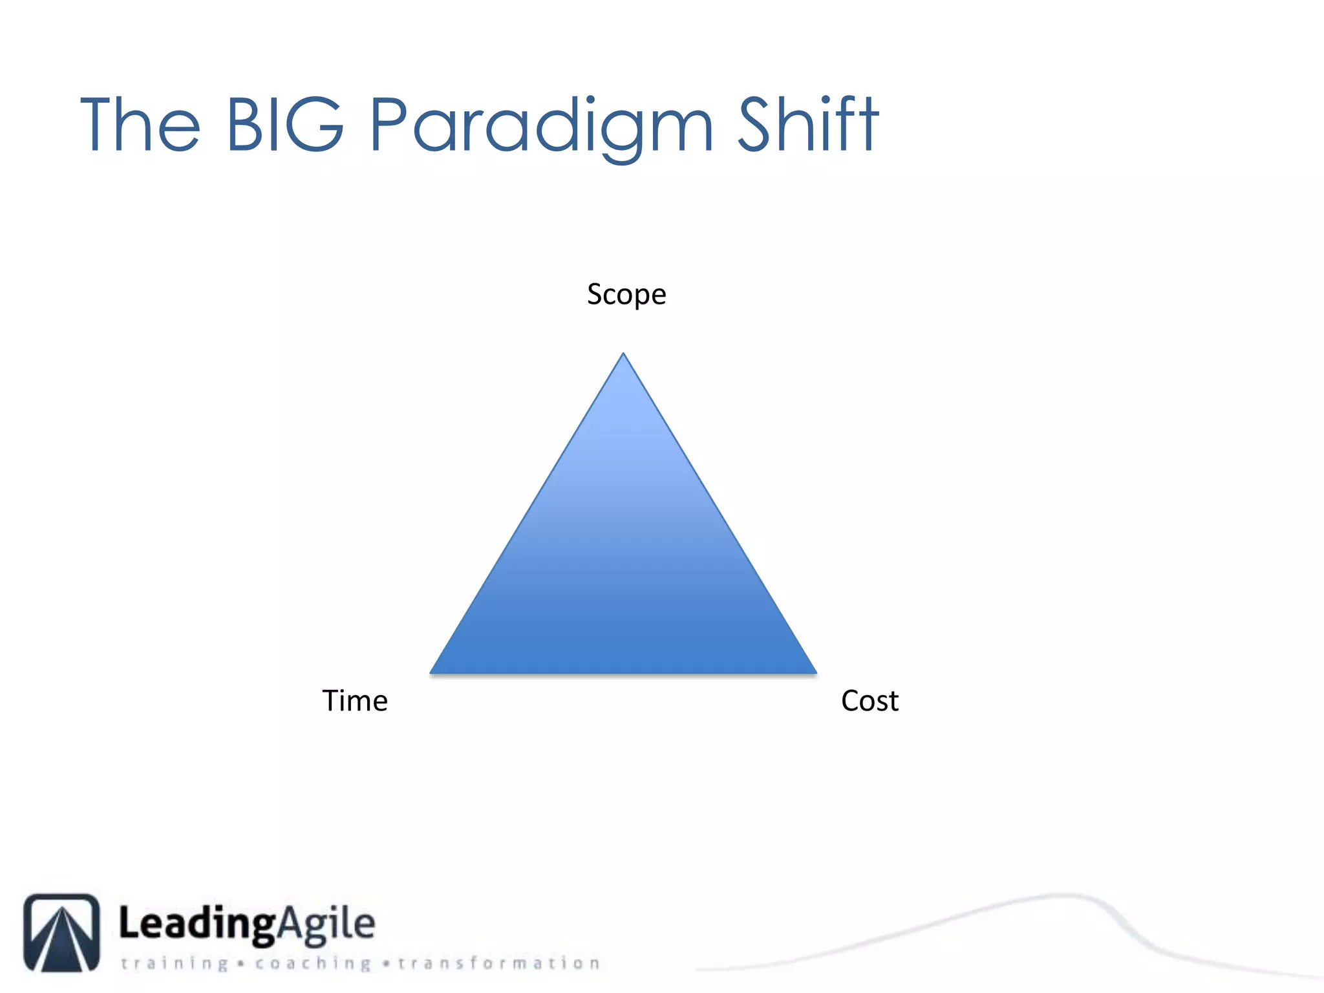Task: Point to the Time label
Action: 355,701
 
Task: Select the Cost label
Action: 870,701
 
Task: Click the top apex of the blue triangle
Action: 623,355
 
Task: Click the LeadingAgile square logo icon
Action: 62,932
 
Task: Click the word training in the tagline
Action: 175,963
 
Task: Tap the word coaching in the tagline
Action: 313,963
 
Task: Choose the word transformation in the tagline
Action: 498,963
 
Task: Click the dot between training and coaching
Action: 241,964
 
